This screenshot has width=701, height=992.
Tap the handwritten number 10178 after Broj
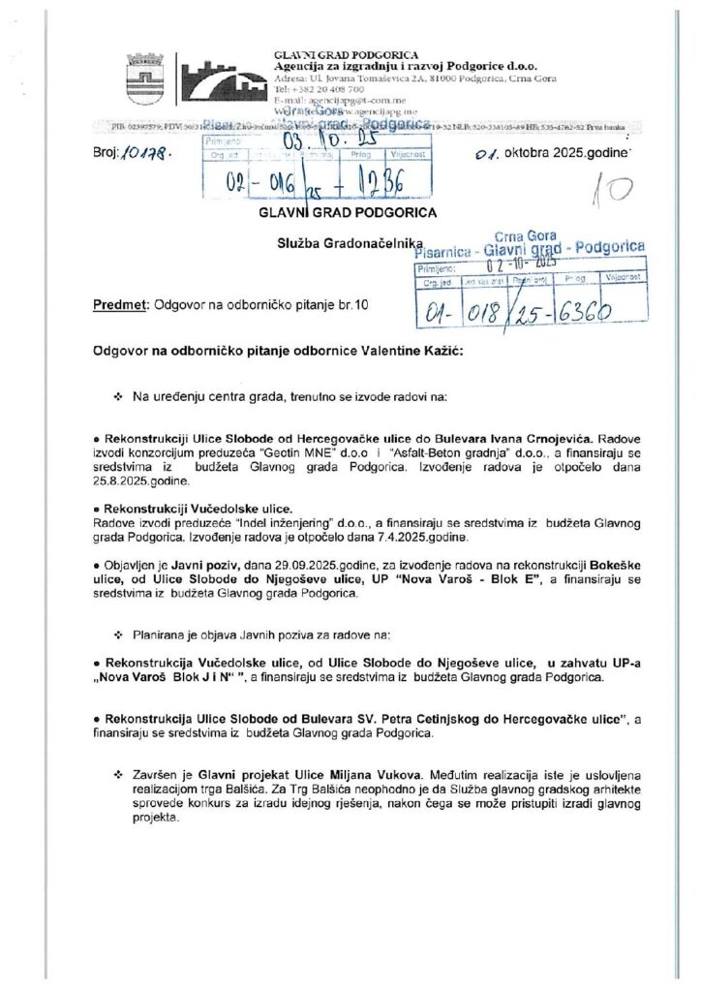click(146, 152)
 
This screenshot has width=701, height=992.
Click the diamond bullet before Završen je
click(118, 775)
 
